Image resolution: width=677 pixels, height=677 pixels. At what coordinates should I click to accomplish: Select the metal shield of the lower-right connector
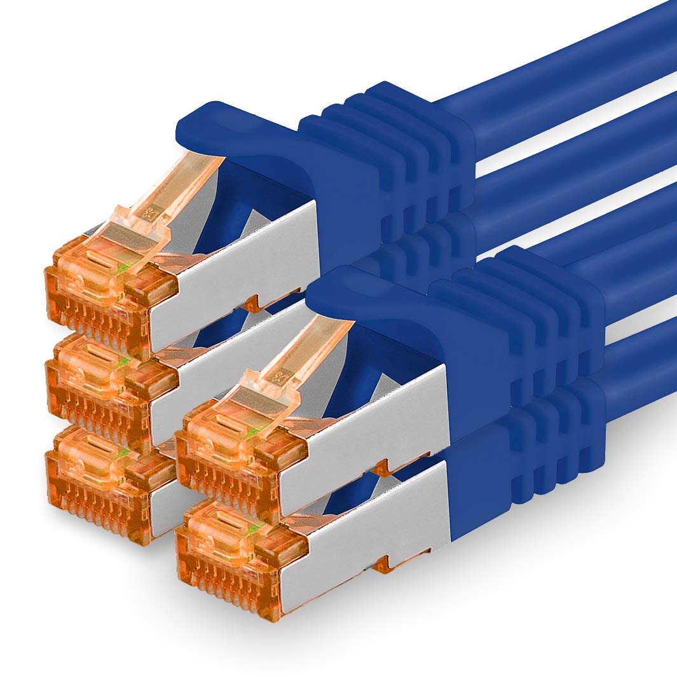pos(369,521)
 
